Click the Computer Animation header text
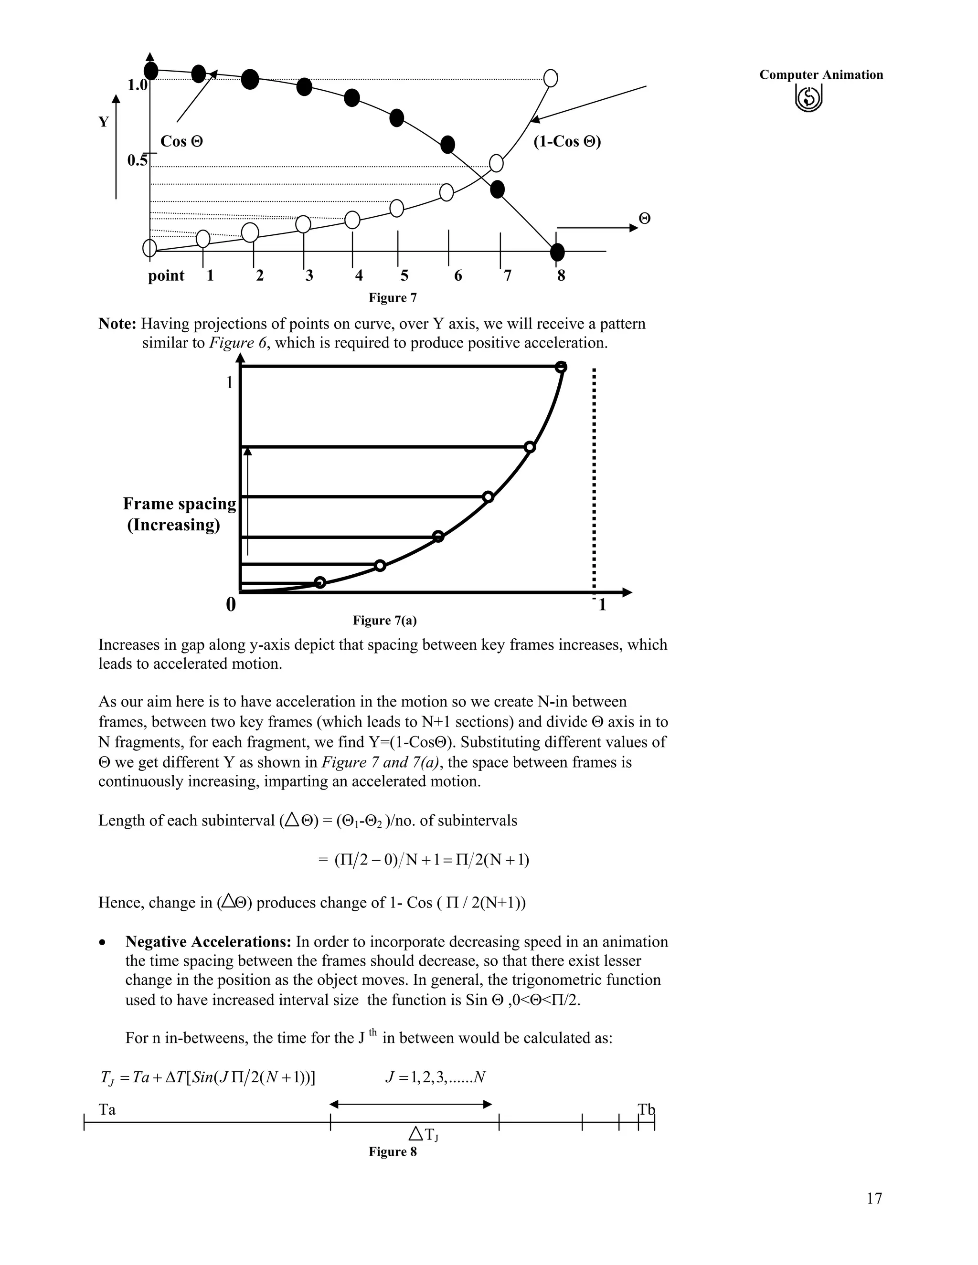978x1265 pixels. [x=821, y=75]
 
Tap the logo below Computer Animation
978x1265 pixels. [x=809, y=98]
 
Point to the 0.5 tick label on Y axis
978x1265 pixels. [x=138, y=160]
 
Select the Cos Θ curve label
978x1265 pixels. [x=181, y=141]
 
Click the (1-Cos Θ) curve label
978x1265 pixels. [x=567, y=142]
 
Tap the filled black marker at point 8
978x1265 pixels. [x=557, y=252]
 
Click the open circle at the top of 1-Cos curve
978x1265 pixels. [x=551, y=78]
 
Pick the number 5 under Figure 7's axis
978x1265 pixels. [x=404, y=276]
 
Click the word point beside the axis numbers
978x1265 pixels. [x=166, y=276]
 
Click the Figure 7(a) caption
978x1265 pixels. [x=385, y=621]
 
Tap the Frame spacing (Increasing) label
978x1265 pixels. [x=179, y=514]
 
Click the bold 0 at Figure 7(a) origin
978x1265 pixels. [x=231, y=605]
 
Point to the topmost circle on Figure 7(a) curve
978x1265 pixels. [x=560, y=367]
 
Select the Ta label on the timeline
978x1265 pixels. [x=107, y=1110]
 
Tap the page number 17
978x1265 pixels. [x=874, y=1198]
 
